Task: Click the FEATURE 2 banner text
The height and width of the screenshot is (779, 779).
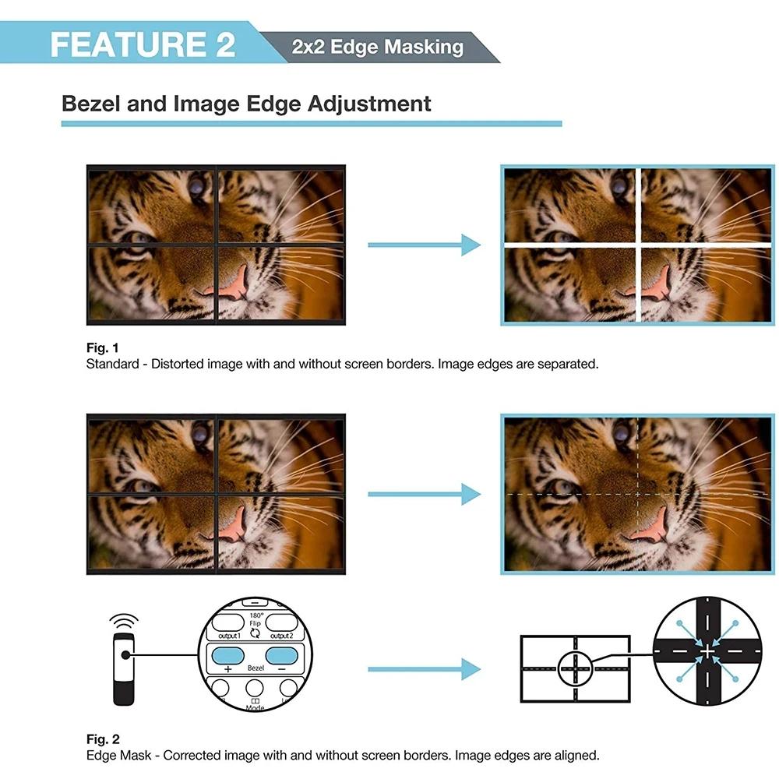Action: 143,44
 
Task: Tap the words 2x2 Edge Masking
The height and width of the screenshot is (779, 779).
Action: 378,47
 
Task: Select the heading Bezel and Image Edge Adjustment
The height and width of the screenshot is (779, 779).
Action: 246,104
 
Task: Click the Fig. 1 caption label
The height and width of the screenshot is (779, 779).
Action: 102,347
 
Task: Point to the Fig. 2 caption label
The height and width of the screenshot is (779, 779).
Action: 103,739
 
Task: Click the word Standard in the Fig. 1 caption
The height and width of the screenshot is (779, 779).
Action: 113,364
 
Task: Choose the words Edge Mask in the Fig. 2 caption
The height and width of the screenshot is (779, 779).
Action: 118,756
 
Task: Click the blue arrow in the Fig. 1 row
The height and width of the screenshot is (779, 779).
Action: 425,245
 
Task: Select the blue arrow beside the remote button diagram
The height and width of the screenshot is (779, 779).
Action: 425,669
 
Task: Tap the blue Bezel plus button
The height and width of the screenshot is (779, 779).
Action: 227,656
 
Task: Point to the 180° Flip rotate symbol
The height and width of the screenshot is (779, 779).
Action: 255,633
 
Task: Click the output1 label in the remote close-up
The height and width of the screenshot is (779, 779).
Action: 230,636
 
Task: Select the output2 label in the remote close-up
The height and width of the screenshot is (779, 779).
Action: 282,636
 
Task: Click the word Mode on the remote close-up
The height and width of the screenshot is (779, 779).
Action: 255,707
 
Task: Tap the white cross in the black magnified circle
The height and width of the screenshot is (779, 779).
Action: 707,651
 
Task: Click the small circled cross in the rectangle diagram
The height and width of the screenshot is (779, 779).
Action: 576,668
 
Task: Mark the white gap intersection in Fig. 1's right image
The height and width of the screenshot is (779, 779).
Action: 639,245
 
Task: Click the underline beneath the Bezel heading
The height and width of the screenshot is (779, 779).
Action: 312,124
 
